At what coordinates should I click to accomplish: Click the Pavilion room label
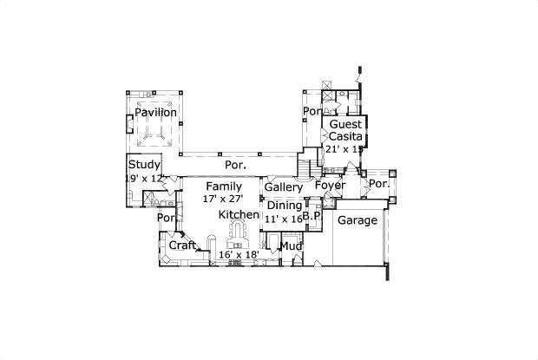coord(155,113)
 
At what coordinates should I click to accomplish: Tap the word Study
coord(144,164)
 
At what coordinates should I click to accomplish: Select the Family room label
coord(224,187)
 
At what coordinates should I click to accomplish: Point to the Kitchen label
coord(238,214)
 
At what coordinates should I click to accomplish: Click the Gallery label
coord(283,187)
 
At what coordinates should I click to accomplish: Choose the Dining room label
coord(285,205)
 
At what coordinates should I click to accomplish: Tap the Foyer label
coord(330,186)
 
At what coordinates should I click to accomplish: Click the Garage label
coord(357,220)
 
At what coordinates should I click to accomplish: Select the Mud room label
coord(291,246)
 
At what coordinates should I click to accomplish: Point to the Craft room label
coord(183,245)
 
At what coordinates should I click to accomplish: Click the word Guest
coord(345,125)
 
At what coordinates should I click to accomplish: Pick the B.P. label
coord(312,216)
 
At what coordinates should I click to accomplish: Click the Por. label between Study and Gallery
coord(235,164)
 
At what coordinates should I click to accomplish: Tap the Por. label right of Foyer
coord(379,185)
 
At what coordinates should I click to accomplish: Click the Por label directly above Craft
coord(165,219)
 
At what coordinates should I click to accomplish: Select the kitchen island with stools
coord(238,232)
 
